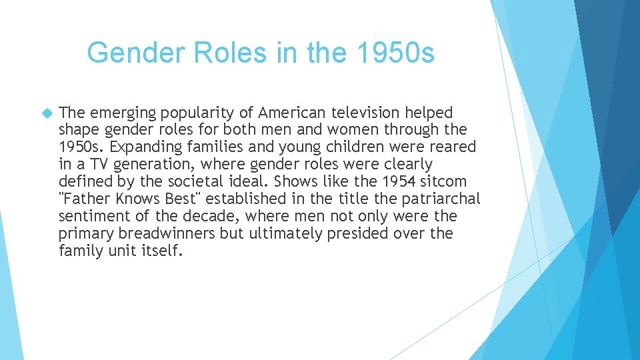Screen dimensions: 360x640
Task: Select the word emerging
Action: (117, 112)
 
